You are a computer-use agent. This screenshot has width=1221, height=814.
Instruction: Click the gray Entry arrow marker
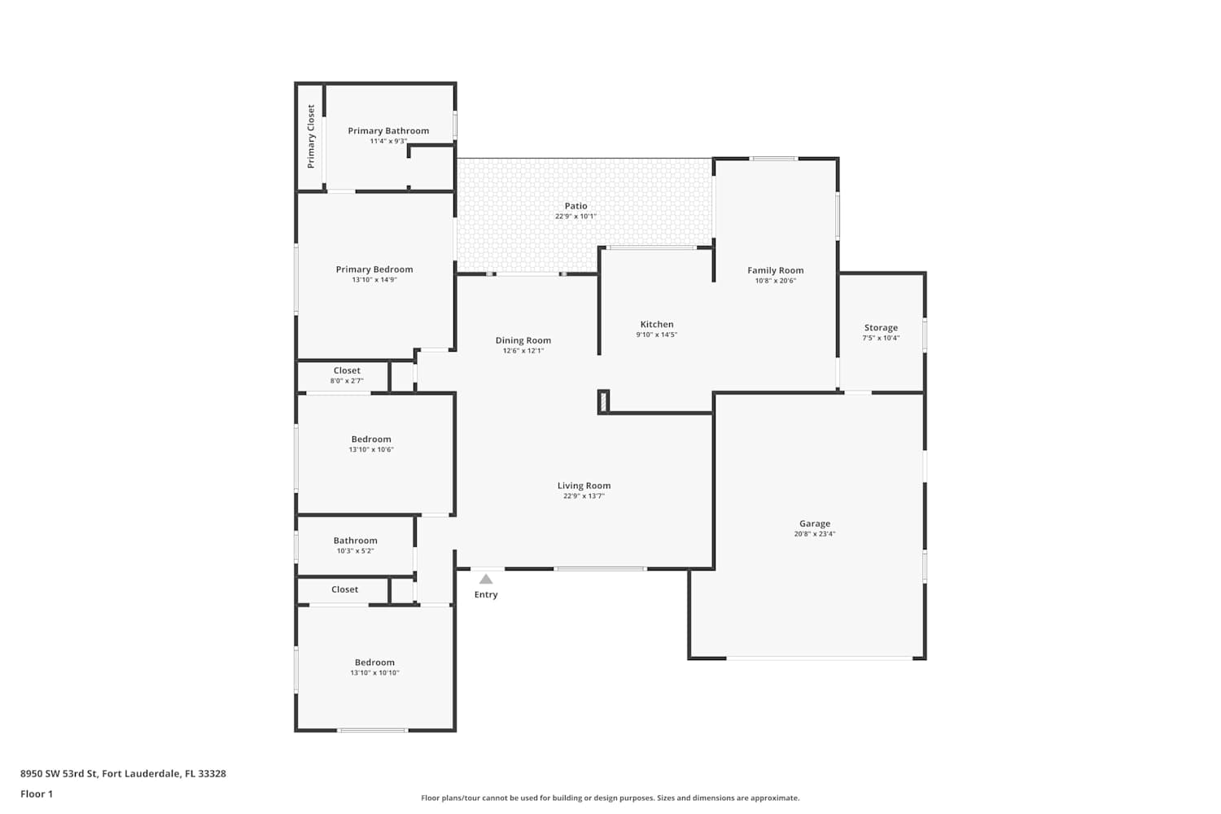click(x=486, y=579)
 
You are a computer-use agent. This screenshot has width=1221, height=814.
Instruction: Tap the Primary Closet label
click(x=311, y=136)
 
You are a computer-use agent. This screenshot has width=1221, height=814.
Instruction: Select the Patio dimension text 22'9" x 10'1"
click(x=575, y=217)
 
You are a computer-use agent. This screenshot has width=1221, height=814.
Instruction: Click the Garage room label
click(x=815, y=523)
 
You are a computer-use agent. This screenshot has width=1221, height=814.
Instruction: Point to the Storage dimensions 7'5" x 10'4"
click(x=881, y=338)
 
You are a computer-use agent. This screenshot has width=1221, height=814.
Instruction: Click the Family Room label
click(x=775, y=270)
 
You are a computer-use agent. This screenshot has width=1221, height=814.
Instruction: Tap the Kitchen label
click(x=657, y=325)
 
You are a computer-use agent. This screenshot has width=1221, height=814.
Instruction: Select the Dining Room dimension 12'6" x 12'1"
click(x=523, y=351)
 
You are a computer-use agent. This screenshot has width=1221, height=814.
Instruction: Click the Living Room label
click(x=584, y=486)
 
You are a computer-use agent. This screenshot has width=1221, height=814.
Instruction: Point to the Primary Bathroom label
click(x=388, y=131)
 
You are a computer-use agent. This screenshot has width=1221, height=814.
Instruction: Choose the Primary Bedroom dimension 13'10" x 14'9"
click(x=374, y=280)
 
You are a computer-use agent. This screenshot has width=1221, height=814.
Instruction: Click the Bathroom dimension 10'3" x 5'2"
click(x=356, y=551)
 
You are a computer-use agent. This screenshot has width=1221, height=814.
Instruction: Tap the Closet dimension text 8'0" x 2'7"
click(x=347, y=381)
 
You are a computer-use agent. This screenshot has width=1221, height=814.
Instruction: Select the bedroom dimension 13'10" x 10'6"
click(x=371, y=450)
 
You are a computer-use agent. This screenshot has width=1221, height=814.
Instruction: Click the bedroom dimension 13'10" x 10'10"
click(x=374, y=673)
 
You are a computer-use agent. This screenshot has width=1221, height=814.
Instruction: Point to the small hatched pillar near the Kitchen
click(x=603, y=402)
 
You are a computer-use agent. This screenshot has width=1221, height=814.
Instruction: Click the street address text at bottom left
click(x=123, y=773)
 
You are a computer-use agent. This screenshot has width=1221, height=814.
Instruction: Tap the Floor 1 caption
click(x=37, y=794)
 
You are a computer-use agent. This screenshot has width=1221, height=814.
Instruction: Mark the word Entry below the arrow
click(x=486, y=595)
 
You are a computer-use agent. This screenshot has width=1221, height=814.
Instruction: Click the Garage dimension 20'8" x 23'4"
click(x=815, y=534)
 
